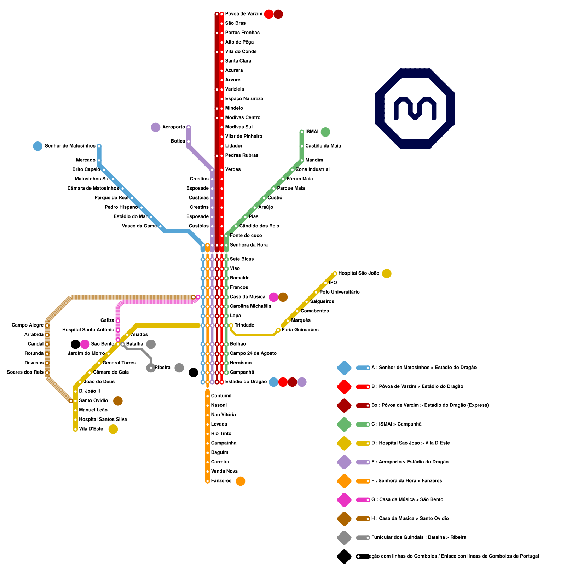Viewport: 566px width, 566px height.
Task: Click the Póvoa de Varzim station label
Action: (244, 14)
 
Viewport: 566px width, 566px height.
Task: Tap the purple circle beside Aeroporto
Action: (156, 127)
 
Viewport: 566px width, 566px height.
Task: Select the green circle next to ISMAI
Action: (325, 132)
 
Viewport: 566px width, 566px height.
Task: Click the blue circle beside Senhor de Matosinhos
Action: (38, 146)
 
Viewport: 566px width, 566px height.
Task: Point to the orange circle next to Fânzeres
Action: (241, 481)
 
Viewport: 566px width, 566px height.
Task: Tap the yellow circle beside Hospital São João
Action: (387, 273)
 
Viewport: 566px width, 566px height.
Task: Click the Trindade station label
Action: (244, 325)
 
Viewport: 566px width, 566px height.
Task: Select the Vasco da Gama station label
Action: (139, 226)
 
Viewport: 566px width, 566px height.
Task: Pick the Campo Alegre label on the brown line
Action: (28, 325)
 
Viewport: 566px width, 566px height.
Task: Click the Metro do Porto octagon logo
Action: (415, 108)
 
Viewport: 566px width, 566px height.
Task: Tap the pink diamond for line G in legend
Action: (344, 500)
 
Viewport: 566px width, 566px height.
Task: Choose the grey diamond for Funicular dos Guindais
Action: (344, 538)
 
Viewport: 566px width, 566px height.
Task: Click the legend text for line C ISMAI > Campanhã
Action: (396, 424)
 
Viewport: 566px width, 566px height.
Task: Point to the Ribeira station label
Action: (162, 368)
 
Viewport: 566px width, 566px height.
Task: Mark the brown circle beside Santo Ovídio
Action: (118, 401)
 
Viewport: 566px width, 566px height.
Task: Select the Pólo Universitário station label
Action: (340, 292)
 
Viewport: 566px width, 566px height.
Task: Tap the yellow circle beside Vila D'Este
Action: (113, 429)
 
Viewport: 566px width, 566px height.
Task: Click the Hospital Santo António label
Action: (88, 330)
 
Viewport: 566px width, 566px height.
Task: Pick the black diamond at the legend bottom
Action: (344, 556)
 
